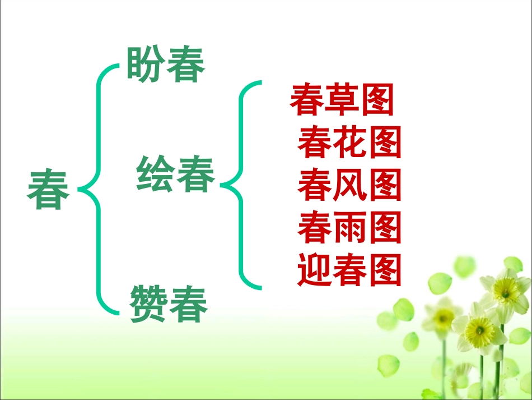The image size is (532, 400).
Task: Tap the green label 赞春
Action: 169,303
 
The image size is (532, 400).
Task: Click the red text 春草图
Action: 342,100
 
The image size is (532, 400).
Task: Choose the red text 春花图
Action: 349,142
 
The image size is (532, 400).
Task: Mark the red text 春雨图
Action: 349,227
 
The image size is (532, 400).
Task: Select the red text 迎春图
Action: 349,270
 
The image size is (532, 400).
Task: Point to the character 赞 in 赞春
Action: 149,303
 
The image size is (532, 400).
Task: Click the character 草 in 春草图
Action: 342,100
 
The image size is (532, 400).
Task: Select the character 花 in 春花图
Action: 349,142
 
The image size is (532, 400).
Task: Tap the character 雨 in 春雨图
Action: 349,227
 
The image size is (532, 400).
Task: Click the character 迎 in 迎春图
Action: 315,270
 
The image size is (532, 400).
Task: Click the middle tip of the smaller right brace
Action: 223,185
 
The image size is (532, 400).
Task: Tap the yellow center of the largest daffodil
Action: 480,327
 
